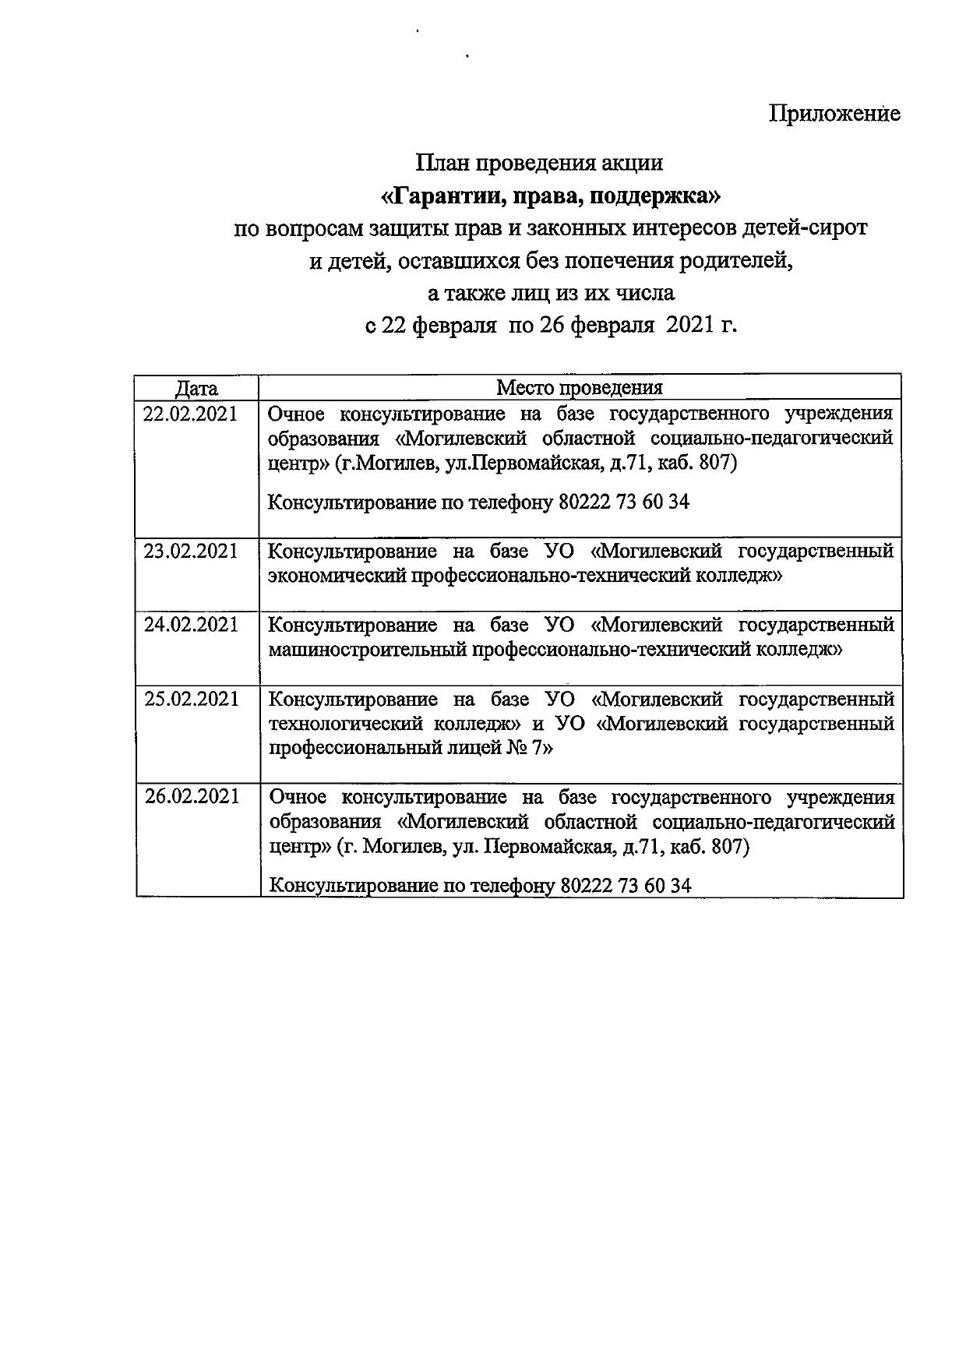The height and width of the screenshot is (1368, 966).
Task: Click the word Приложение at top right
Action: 834,114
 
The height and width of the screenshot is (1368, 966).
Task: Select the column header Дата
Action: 196,388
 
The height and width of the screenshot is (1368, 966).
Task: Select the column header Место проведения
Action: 580,388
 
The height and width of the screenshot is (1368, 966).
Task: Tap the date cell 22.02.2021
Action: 190,414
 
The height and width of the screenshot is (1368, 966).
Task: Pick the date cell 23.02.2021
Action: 190,552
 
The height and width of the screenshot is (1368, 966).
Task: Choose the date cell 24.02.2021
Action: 191,625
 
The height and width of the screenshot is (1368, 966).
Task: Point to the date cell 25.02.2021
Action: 191,699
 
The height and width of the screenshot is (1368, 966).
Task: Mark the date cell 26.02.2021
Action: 192,797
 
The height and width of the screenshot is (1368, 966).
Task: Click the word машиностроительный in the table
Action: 368,650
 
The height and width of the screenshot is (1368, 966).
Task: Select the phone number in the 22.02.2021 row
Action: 624,502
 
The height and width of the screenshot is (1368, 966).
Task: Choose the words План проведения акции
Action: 539,163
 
